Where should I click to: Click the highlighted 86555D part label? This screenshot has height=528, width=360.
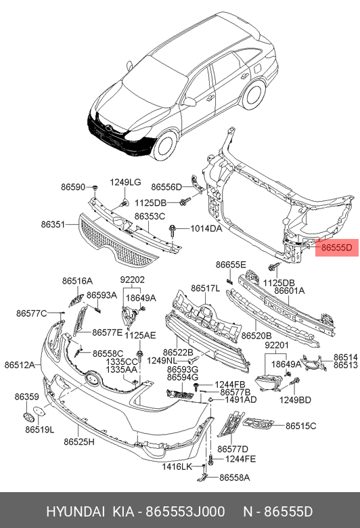(337, 248)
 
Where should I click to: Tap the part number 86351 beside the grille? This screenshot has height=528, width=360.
(53, 224)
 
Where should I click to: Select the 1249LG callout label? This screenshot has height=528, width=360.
(125, 182)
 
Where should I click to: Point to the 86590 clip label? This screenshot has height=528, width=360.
(73, 187)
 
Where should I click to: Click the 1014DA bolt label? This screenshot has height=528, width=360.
(206, 229)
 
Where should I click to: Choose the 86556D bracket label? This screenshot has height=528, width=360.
(166, 187)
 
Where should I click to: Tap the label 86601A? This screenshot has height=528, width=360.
(289, 290)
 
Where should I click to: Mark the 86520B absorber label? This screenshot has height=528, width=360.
(256, 335)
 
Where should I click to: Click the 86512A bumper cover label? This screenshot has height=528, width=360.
(20, 365)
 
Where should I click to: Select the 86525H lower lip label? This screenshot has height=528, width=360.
(79, 441)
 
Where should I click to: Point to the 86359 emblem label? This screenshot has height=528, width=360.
(26, 397)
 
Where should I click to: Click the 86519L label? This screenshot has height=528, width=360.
(40, 430)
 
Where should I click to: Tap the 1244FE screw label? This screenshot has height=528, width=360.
(240, 459)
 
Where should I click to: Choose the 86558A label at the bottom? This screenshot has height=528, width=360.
(235, 477)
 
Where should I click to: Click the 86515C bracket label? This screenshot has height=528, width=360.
(301, 426)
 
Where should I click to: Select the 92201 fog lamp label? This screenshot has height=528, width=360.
(277, 345)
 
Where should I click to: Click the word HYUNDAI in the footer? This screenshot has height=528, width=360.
(75, 512)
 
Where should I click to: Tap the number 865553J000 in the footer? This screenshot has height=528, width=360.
(185, 512)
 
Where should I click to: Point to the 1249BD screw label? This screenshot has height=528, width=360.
(295, 399)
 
